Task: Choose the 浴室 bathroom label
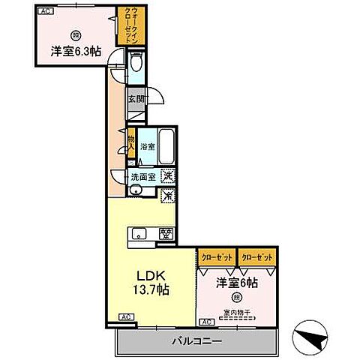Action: click(148, 148)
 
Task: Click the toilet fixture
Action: click(135, 67)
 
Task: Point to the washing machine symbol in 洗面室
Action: click(169, 177)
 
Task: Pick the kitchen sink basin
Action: click(139, 233)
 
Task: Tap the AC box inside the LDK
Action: click(124, 319)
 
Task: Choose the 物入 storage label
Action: click(130, 142)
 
